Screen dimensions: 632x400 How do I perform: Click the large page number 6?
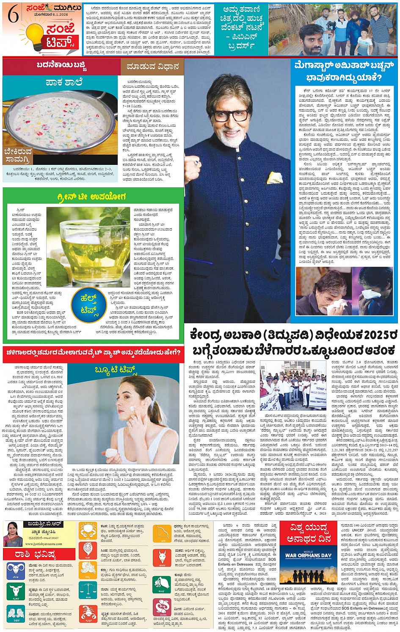(x=13, y=15)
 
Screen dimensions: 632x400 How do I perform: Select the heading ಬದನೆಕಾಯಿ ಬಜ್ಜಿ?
(x=62, y=66)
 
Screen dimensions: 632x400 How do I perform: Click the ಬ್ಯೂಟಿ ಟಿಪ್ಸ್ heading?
(x=116, y=370)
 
